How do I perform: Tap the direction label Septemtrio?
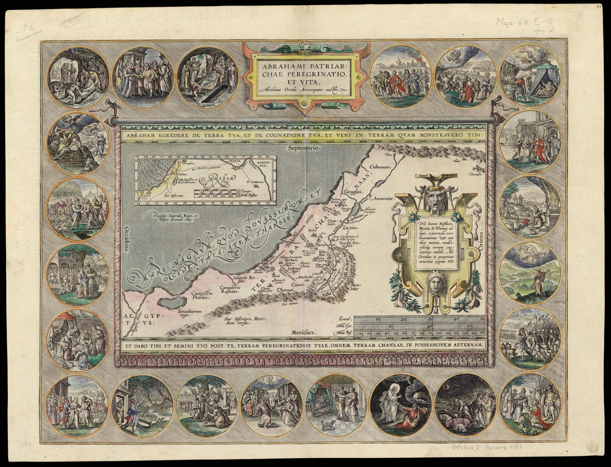(302, 148)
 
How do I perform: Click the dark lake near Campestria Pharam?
(175, 302)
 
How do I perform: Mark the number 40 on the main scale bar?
(455, 319)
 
